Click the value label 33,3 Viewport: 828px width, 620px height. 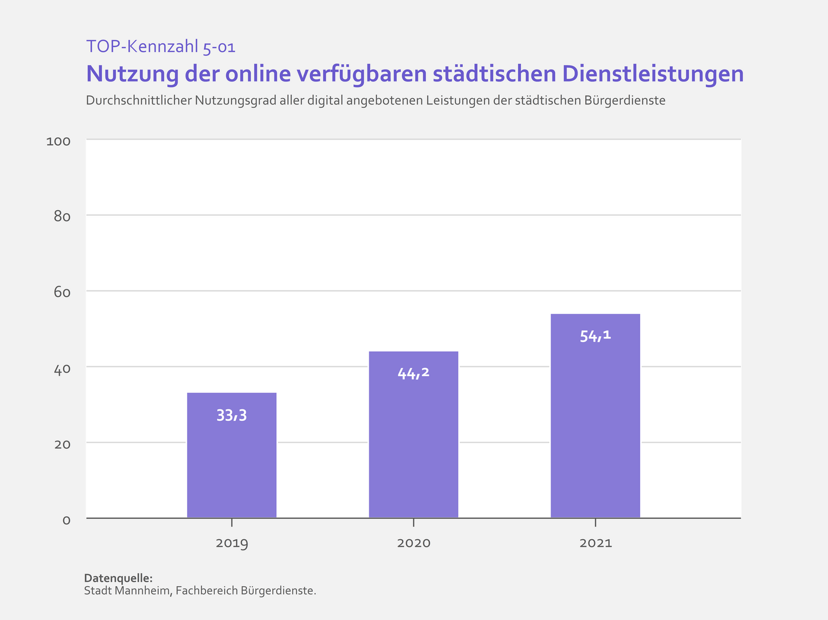coord(231,415)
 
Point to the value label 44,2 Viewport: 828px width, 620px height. coord(413,374)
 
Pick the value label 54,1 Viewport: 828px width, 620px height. coord(595,336)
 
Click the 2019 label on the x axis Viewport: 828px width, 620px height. coord(231,543)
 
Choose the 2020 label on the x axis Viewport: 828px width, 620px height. coord(413,543)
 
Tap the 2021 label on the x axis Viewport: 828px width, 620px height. coord(595,543)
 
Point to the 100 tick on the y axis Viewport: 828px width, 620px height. coord(58,141)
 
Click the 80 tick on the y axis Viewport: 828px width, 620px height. coord(62,217)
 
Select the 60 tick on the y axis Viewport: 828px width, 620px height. coord(62,293)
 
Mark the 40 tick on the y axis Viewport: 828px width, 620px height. coord(62,369)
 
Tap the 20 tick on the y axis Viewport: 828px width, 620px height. coord(62,444)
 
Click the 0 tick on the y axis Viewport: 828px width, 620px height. coord(66,520)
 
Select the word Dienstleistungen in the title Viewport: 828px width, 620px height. coord(653,74)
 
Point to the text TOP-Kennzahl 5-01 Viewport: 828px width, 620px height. coord(161,46)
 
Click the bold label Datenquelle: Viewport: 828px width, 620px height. coord(118,578)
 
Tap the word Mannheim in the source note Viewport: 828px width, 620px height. coord(144,591)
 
